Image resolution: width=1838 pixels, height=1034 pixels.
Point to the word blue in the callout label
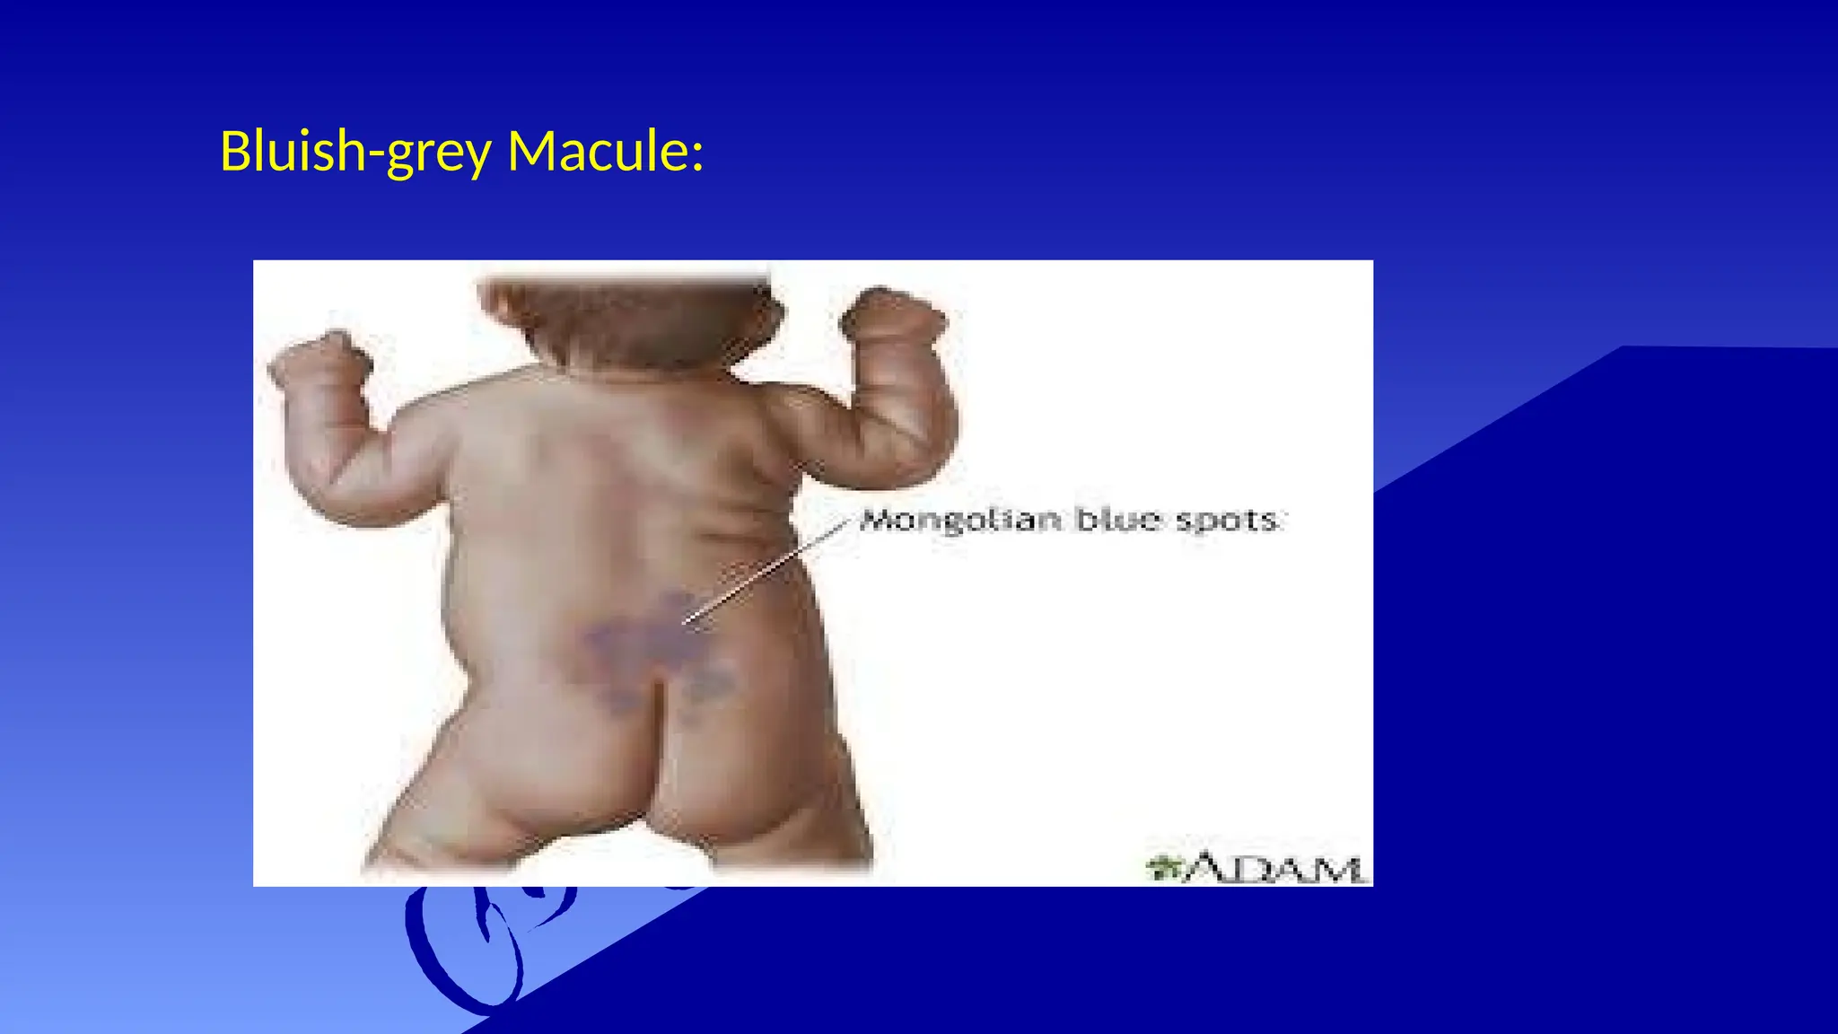pos(1118,520)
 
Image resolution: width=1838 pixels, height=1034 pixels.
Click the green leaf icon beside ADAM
pos(1164,867)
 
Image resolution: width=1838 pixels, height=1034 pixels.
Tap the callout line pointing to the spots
pos(766,571)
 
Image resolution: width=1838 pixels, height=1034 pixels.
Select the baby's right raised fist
pos(891,315)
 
